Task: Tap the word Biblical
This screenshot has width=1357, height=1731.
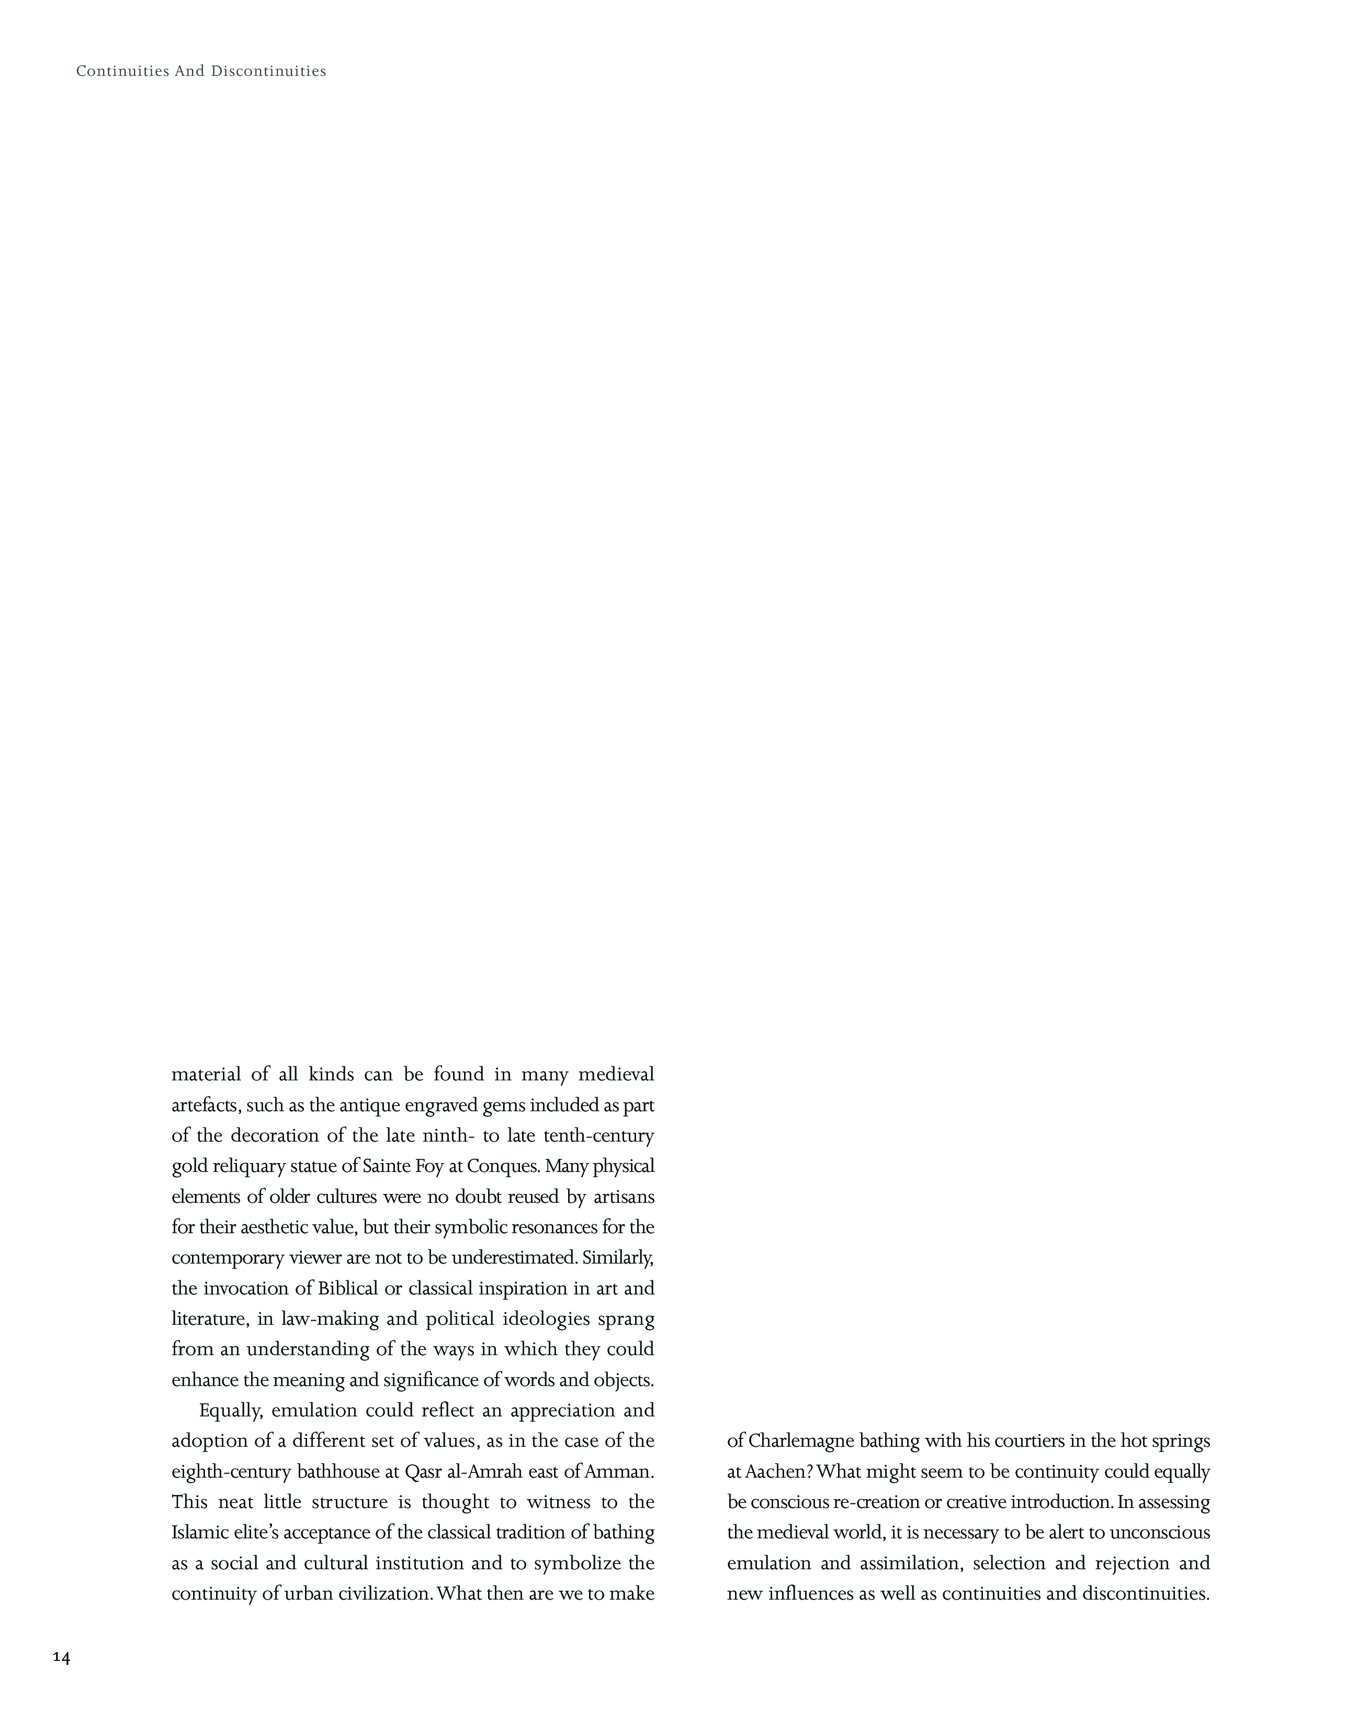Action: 348,1288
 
